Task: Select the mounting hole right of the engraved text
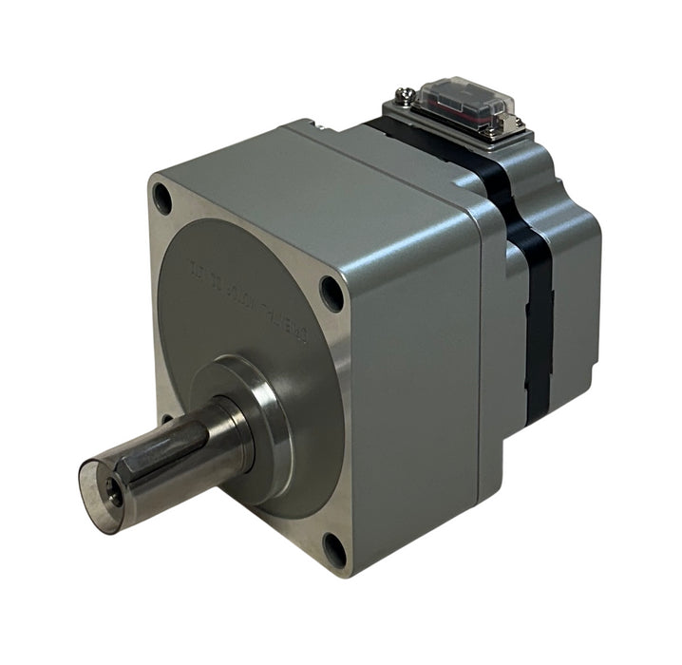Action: point(331,292)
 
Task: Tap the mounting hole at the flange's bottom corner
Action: point(333,549)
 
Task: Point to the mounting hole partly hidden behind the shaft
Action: point(167,418)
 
